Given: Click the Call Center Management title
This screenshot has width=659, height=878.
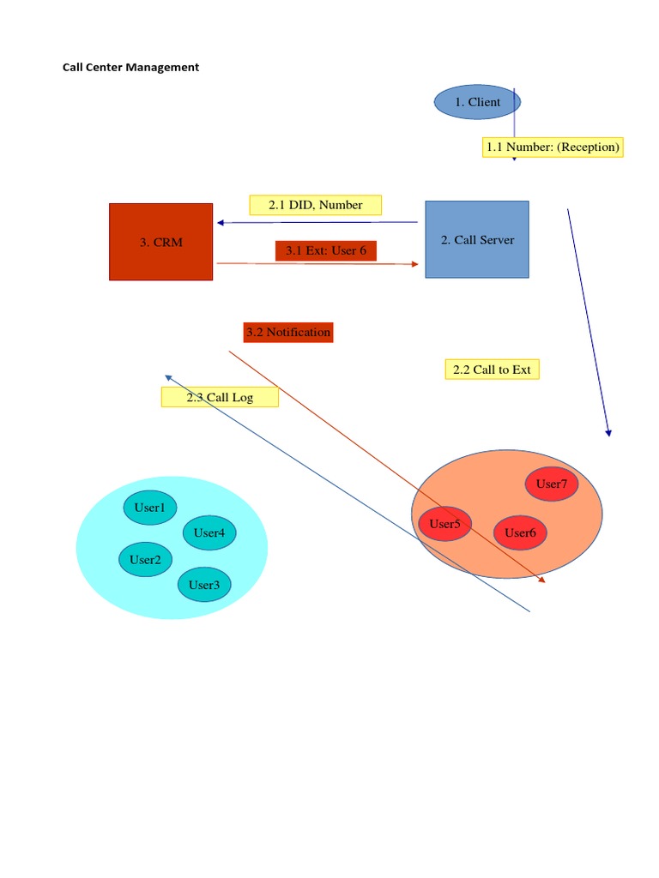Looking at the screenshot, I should (130, 67).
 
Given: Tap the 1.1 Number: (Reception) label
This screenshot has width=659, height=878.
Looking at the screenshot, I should (552, 147).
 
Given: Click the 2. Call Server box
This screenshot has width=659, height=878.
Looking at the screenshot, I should (477, 240).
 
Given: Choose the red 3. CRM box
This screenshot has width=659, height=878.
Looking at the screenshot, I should (160, 242).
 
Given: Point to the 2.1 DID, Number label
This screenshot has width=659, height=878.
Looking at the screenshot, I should (315, 205).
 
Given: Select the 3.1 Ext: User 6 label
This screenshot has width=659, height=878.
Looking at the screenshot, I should (325, 250).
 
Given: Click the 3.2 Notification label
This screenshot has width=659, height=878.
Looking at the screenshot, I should (287, 332).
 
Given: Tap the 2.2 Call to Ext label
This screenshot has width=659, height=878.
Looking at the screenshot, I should (492, 370).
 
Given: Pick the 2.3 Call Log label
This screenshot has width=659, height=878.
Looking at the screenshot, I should (220, 397).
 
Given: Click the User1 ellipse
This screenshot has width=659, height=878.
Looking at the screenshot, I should (149, 508).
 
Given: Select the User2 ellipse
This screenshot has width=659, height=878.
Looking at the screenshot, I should (145, 560).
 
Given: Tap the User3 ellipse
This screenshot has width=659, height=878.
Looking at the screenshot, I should (204, 585).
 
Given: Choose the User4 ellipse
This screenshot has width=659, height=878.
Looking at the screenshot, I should (209, 532).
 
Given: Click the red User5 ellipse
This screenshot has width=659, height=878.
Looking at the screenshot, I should (444, 524).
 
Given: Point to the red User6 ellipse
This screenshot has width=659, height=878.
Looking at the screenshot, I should (520, 532).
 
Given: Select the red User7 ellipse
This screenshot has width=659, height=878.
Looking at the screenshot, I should (551, 484).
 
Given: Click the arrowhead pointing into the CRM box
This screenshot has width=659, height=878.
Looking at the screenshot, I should (221, 223).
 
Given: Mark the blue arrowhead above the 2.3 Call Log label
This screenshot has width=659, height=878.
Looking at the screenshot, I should (169, 376).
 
